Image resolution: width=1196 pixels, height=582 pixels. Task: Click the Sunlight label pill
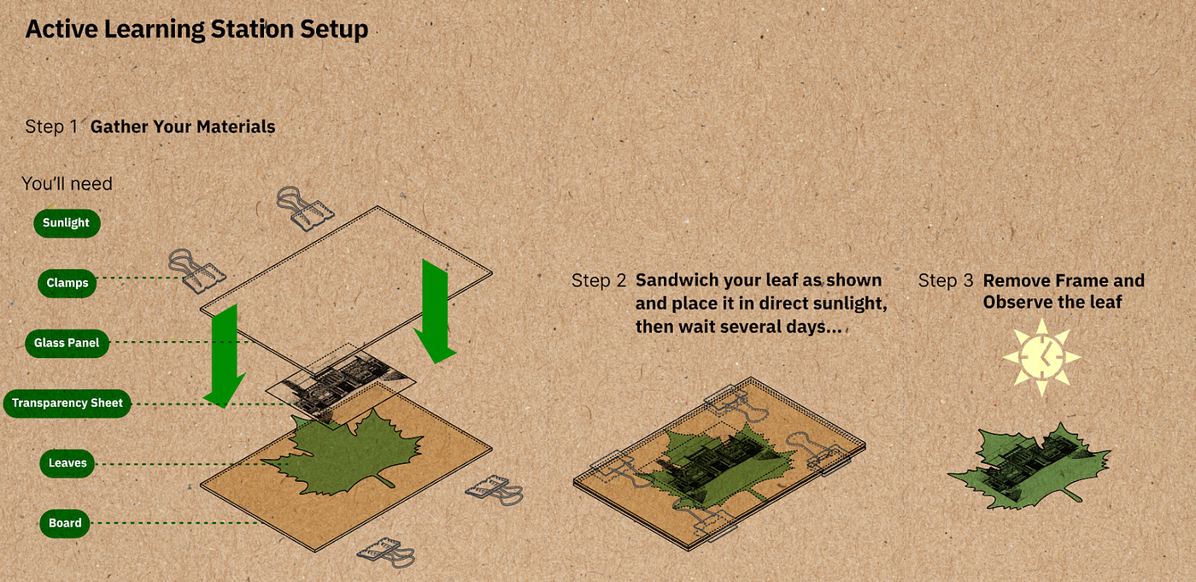click(67, 223)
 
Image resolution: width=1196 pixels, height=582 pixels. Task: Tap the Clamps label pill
click(67, 283)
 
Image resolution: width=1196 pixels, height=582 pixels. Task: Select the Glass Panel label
click(67, 343)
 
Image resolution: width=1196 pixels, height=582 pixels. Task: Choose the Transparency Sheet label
click(67, 403)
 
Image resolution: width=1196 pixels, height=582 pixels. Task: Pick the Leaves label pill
click(67, 463)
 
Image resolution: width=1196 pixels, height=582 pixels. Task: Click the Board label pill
click(65, 523)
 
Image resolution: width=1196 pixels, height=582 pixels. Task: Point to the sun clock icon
click(1041, 357)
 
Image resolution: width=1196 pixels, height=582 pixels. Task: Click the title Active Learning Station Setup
click(196, 29)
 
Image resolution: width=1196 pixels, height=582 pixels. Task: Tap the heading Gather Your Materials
click(183, 126)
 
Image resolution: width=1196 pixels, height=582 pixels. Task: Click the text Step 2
click(599, 280)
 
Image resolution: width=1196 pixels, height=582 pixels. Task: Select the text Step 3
click(946, 280)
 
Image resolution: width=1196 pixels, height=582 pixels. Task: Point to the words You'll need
click(67, 184)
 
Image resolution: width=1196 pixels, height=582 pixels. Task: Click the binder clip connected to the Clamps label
click(196, 271)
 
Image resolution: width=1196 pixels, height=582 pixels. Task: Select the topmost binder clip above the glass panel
click(304, 209)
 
